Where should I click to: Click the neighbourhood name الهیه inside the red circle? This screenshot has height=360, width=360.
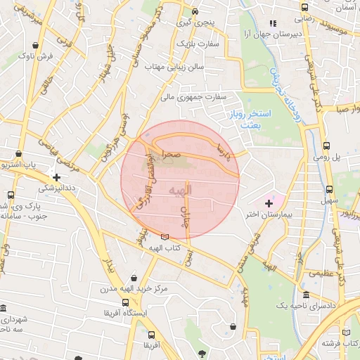click(x=181, y=191)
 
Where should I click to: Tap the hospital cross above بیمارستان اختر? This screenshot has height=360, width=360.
click(x=269, y=203)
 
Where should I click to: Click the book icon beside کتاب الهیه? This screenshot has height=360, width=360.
click(x=165, y=238)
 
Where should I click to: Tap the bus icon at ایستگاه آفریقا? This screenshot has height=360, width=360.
click(x=125, y=303)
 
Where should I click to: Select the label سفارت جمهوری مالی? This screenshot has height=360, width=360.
click(x=200, y=96)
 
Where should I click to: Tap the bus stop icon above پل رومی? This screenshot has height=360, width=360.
click(x=326, y=146)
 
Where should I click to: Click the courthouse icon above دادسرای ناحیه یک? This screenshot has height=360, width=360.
click(x=306, y=295)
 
